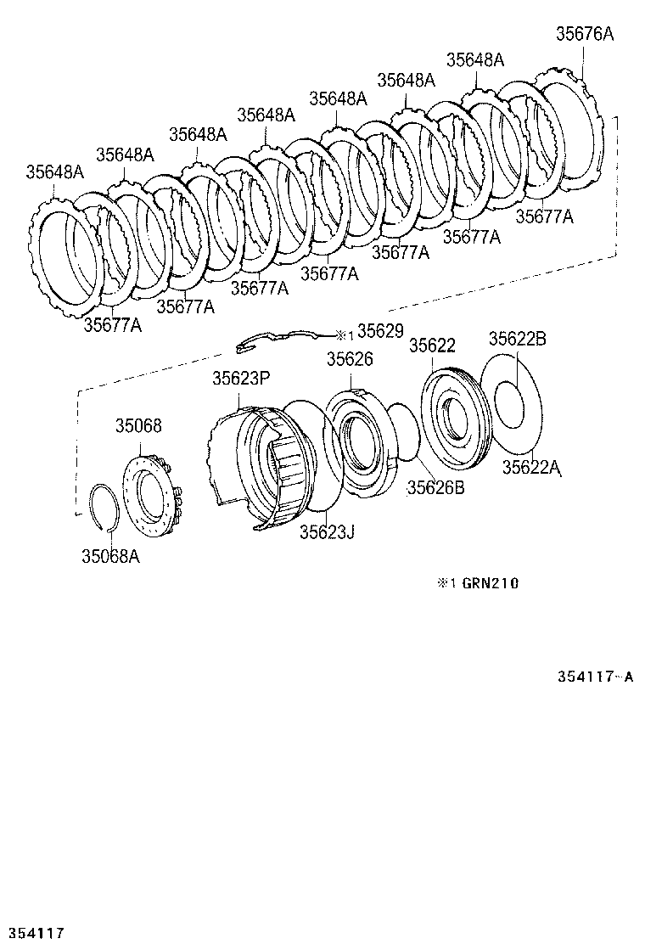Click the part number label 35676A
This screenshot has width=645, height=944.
pos(584,35)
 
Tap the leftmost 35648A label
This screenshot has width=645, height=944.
pos(54,171)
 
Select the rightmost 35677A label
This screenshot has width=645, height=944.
pos(544,216)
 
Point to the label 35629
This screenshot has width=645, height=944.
pos(380,330)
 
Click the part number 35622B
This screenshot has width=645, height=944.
pos(517,339)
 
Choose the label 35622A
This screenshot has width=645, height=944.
pos(531,466)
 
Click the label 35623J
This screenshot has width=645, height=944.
pos(326,531)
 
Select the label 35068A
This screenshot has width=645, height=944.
pos(109,556)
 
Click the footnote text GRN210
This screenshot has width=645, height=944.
pos(490,583)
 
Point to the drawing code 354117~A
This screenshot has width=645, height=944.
pos(595,677)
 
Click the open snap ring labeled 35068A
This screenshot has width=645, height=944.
pos(105,507)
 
